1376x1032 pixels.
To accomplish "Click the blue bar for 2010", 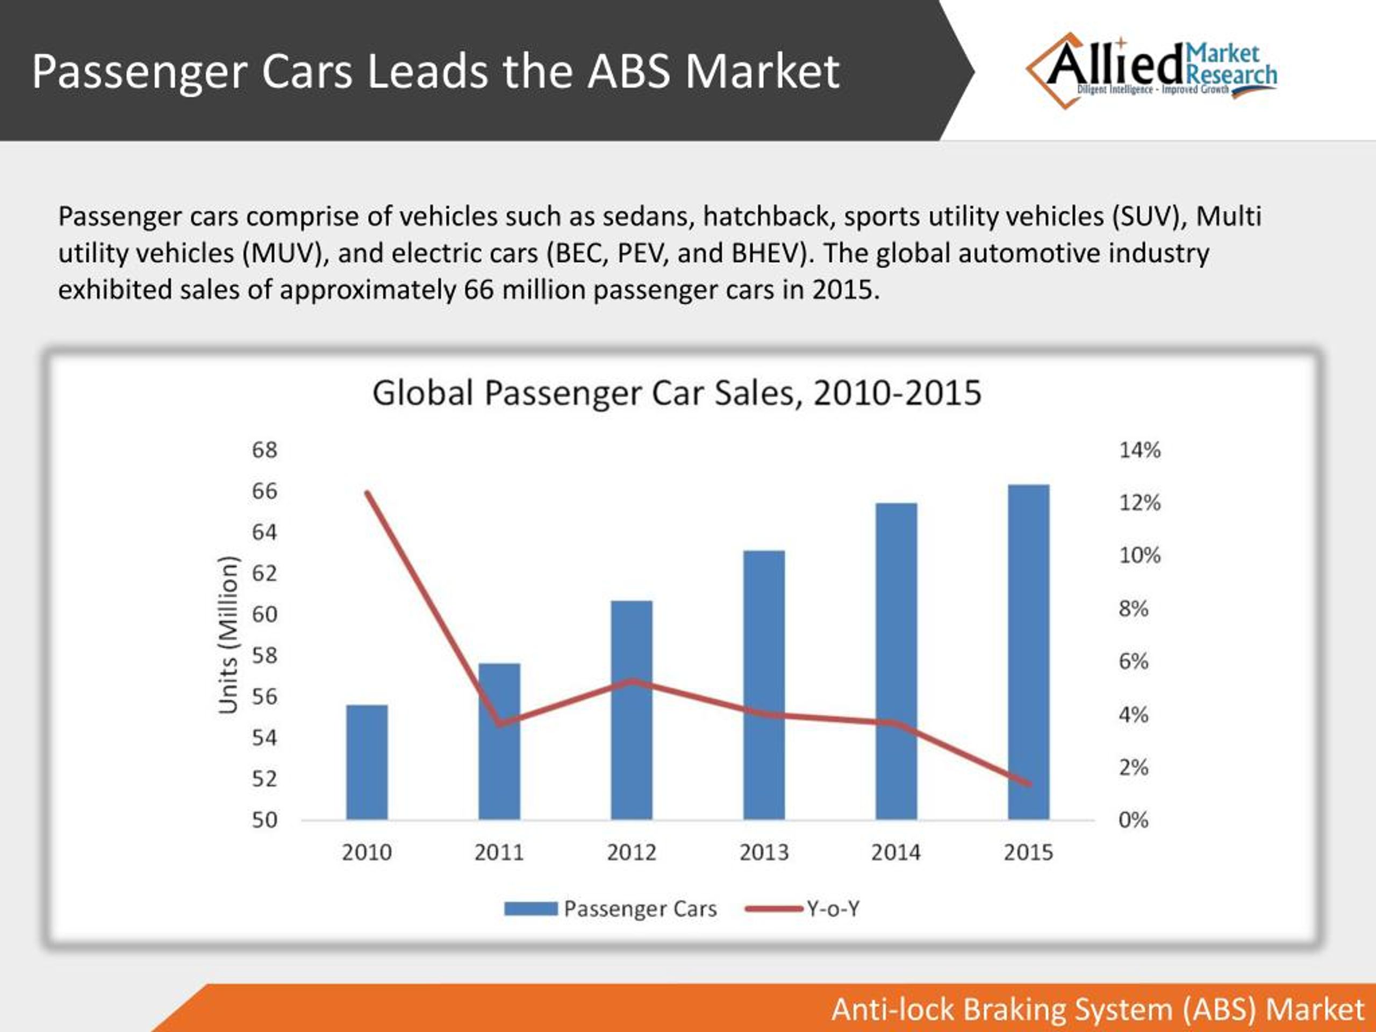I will click(367, 762).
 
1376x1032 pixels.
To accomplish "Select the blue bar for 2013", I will click(764, 684).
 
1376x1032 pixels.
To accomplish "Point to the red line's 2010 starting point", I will click(368, 493).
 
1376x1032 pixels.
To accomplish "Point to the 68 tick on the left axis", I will click(264, 450).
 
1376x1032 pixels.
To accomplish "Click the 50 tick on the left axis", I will click(264, 820).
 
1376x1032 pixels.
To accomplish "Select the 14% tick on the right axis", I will click(1139, 450).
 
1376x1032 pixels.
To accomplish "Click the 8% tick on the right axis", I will click(1134, 608).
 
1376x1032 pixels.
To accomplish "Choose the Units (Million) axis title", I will click(228, 634).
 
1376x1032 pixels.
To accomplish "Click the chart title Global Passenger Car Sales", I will click(677, 393).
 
